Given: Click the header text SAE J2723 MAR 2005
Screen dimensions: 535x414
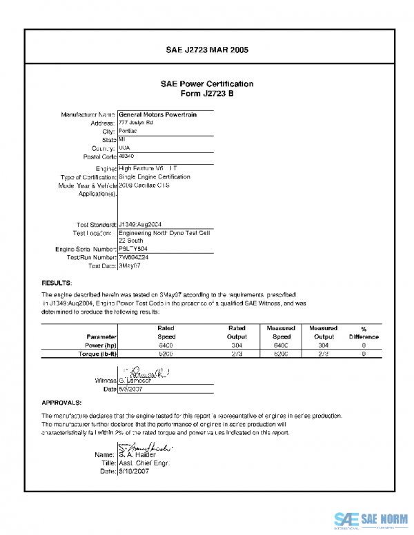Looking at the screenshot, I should [207, 50].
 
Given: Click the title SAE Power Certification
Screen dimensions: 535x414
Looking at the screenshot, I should [207, 84].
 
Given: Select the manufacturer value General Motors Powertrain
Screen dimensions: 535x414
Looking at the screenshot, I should [157, 114].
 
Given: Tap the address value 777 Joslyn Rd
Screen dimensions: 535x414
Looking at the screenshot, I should [136, 123].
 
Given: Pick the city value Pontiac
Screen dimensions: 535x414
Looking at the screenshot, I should [128, 131].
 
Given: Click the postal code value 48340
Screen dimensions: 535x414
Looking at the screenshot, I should [127, 157].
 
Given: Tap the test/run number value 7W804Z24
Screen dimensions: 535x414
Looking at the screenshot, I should [134, 257].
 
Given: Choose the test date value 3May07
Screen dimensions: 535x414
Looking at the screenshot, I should [130, 265].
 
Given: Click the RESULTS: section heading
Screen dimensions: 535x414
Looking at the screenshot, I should [57, 283].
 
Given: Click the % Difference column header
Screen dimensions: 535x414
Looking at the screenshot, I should [364, 332].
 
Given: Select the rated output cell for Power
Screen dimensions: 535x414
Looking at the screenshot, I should [237, 345].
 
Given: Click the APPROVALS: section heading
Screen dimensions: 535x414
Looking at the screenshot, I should [62, 402].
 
